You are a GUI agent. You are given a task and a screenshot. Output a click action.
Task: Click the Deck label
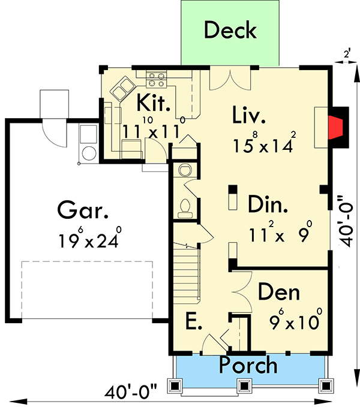[x=230, y=30]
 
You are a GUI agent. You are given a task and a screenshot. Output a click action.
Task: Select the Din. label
[x=268, y=206]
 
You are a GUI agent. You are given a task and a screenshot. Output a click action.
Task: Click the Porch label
[x=248, y=364]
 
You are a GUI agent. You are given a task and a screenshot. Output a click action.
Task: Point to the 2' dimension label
[x=346, y=54]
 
